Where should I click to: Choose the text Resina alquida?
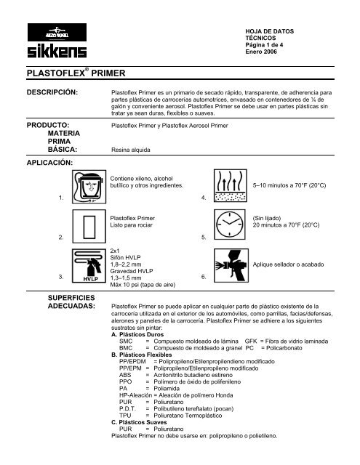point(129,148)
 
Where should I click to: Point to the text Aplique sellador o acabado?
point(287,265)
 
